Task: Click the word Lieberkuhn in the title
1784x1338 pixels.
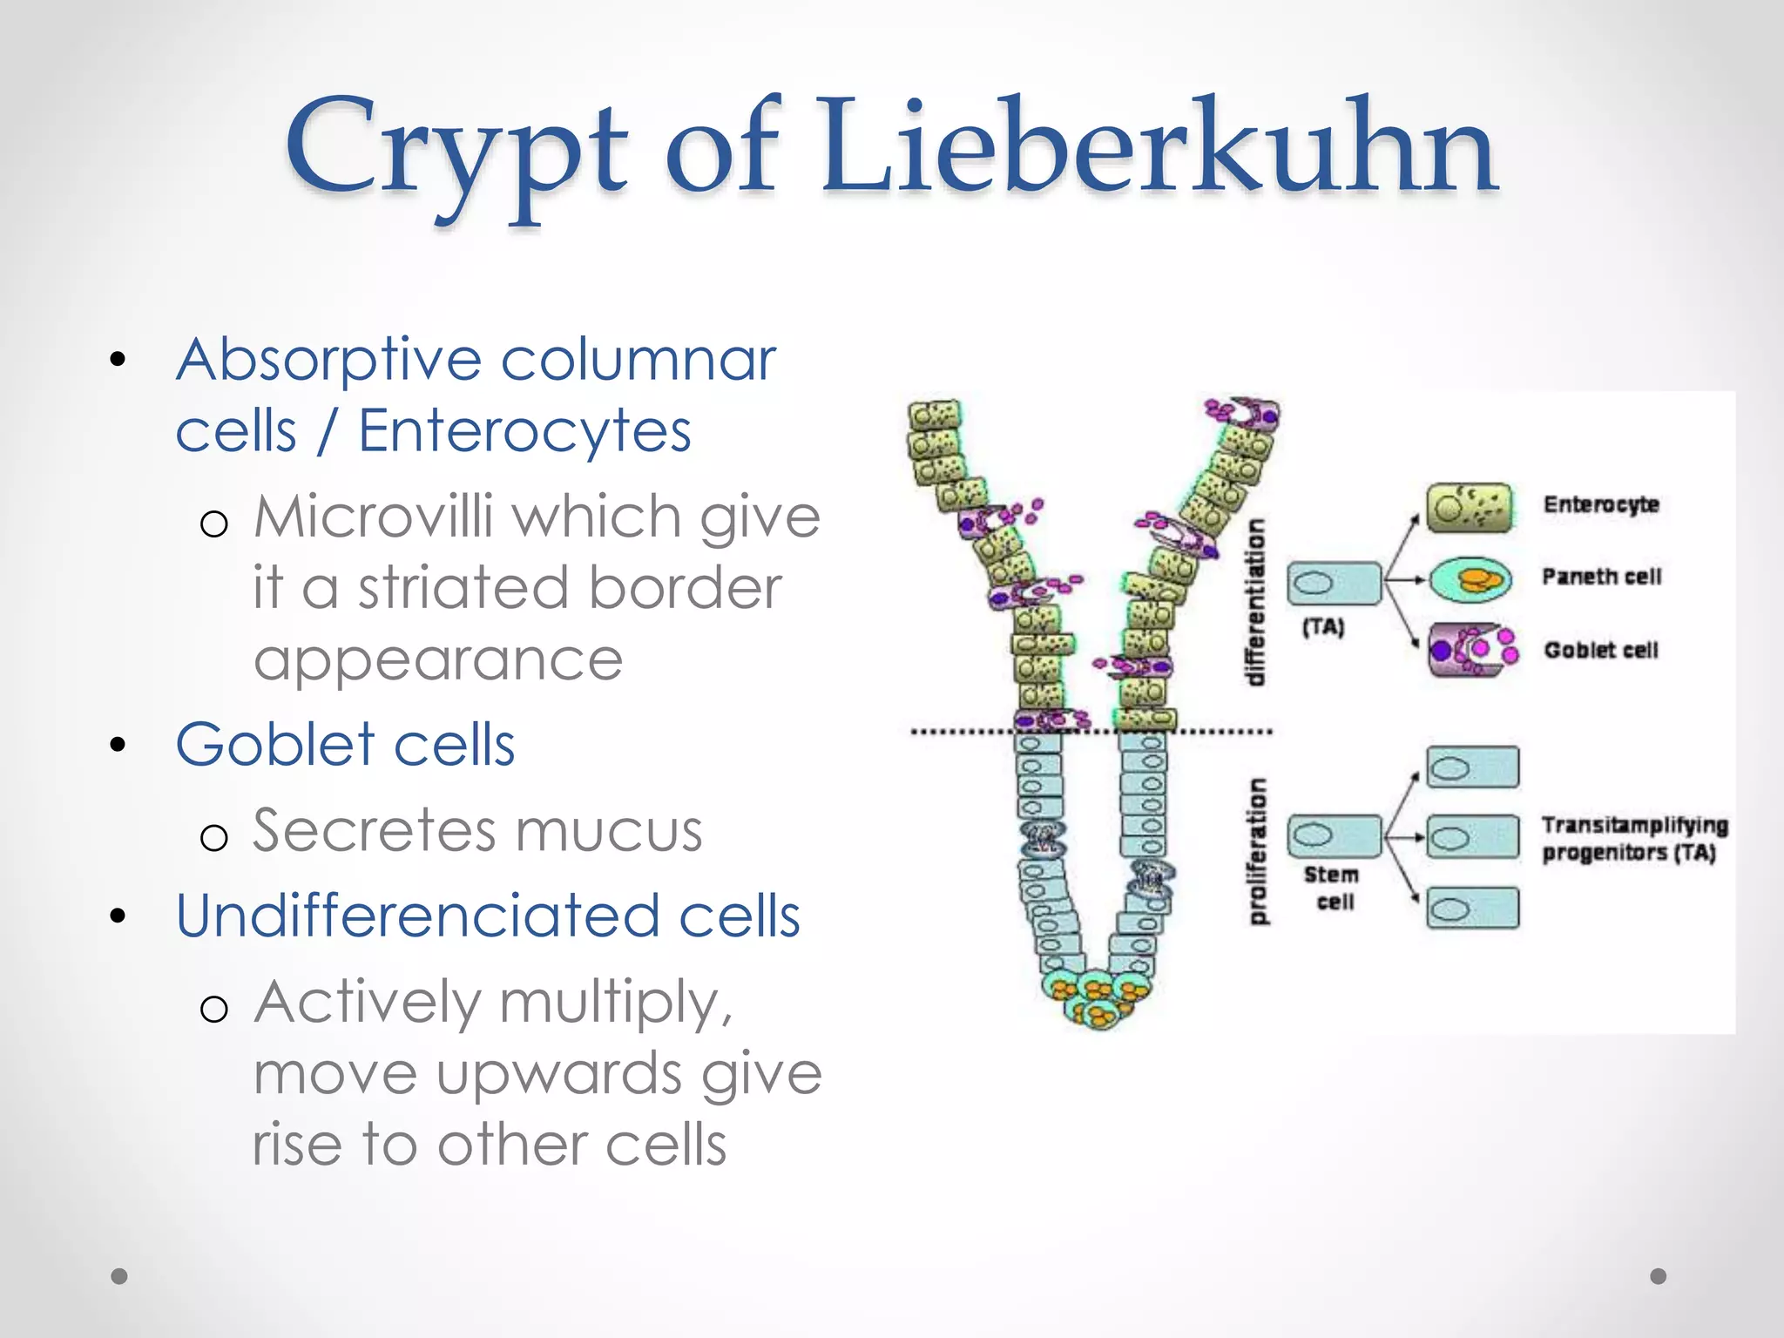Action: click(x=1159, y=148)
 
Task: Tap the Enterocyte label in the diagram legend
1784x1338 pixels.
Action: click(x=1600, y=504)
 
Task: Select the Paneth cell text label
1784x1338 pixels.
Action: click(x=1601, y=577)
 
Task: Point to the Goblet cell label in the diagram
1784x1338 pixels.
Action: click(x=1600, y=650)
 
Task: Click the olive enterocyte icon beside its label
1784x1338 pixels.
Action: click(x=1470, y=507)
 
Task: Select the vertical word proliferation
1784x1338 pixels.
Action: click(x=1257, y=851)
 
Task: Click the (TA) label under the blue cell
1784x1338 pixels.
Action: click(x=1323, y=626)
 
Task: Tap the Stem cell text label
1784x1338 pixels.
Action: click(x=1333, y=888)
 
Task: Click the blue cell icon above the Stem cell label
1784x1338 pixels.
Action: click(x=1334, y=836)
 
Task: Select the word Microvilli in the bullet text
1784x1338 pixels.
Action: click(x=375, y=517)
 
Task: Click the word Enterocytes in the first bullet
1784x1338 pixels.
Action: click(x=524, y=431)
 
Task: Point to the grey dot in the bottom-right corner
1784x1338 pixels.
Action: click(x=1658, y=1276)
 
